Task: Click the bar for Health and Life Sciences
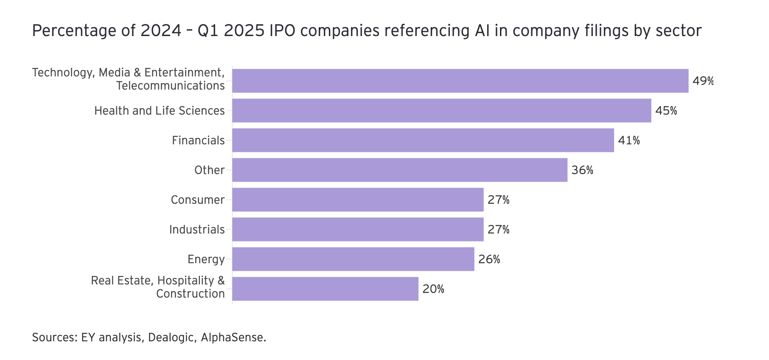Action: click(441, 111)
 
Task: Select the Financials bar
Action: click(423, 141)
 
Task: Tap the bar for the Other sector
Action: click(399, 170)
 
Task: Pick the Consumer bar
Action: click(358, 200)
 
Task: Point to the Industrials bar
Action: click(358, 230)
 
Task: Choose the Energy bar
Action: click(353, 259)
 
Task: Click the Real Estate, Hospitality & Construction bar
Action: click(325, 289)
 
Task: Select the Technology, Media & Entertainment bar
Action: click(460, 81)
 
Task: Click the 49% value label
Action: click(703, 81)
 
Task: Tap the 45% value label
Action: click(666, 111)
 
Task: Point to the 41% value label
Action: click(629, 141)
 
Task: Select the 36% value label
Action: click(582, 170)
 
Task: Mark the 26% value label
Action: click(489, 259)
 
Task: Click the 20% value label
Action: click(433, 289)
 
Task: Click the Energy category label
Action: click(206, 259)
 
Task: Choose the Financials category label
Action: click(198, 141)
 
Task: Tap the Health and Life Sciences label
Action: click(159, 111)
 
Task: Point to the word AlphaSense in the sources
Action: click(233, 337)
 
